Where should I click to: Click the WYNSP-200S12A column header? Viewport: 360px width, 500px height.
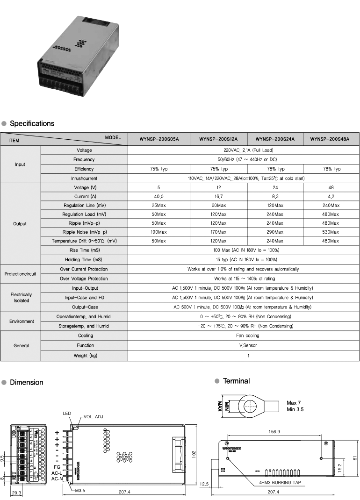218,139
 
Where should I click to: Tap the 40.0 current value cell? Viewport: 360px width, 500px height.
159,197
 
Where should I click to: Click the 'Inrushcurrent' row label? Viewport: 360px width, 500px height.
84,179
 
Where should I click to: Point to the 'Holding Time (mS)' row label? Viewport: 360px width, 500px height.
84,259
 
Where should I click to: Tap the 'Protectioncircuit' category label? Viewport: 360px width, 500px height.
20,274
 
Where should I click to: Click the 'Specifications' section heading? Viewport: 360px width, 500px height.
32,124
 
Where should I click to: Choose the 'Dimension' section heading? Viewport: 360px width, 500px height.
26,383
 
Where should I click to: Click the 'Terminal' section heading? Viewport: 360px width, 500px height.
236,381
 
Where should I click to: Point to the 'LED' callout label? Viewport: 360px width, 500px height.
67,414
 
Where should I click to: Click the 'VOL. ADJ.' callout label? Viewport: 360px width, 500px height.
94,416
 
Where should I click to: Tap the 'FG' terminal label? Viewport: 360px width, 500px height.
57,466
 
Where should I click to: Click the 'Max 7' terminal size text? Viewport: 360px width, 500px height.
294,403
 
